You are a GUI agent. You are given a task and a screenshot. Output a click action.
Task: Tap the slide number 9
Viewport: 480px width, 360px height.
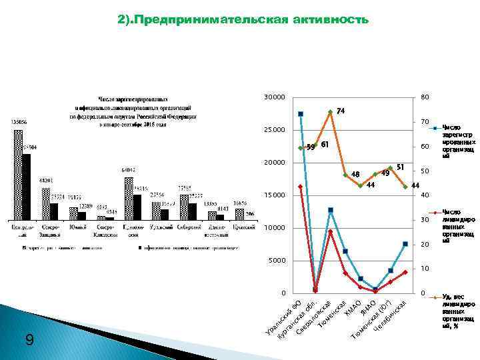pos(29,340)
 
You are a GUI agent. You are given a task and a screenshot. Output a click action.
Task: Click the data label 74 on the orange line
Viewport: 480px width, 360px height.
pos(341,110)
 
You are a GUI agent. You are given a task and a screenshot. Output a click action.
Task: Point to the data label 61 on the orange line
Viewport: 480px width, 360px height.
pos(325,144)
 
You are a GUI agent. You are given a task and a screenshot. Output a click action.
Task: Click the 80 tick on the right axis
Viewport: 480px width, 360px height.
pos(425,98)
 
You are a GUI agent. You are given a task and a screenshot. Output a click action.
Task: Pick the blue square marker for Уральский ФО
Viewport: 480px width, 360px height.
pos(301,114)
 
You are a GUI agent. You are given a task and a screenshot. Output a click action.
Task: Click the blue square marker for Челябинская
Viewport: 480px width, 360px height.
pos(405,244)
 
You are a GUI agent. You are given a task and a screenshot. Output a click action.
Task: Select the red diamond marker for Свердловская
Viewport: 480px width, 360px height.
pos(331,231)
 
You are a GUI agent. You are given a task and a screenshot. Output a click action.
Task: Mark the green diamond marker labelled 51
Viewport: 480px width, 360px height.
pos(390,168)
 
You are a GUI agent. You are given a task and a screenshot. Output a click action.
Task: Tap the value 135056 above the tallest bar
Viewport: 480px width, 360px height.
pos(18,122)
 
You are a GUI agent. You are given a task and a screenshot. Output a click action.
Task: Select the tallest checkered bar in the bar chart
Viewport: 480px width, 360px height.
pos(18,174)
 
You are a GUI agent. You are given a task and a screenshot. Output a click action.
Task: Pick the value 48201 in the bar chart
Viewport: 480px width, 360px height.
pos(46,180)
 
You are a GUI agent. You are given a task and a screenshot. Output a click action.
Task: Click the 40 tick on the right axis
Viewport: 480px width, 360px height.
pos(425,195)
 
